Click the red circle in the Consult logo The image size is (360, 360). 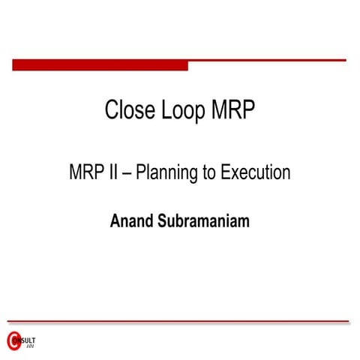tap(13, 340)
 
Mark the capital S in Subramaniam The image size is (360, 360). tap(162, 221)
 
